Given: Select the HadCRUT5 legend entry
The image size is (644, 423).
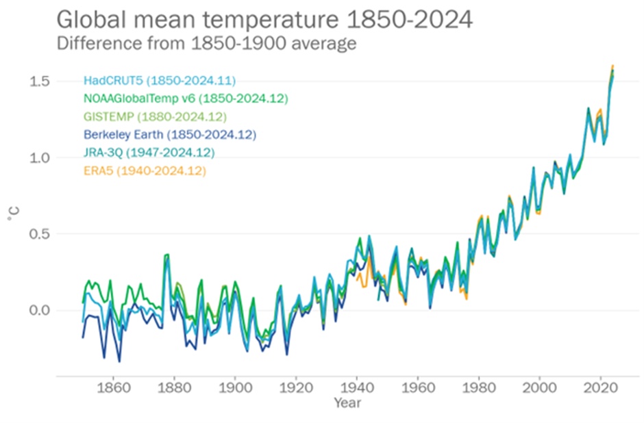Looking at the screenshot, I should click(x=160, y=81).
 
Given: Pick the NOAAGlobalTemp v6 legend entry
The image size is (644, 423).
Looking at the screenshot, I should click(x=184, y=99).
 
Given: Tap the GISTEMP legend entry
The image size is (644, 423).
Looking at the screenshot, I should click(x=155, y=116).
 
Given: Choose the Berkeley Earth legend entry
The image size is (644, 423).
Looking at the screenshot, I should click(x=169, y=134).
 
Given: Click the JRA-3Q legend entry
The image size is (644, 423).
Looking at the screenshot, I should click(x=149, y=152).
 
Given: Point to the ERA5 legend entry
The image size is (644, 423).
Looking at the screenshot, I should click(x=145, y=170).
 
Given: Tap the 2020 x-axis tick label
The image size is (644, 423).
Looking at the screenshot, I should click(x=601, y=387).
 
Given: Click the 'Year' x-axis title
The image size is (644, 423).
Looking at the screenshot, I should click(x=347, y=402).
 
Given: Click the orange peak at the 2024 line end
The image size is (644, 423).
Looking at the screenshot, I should click(x=612, y=66).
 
